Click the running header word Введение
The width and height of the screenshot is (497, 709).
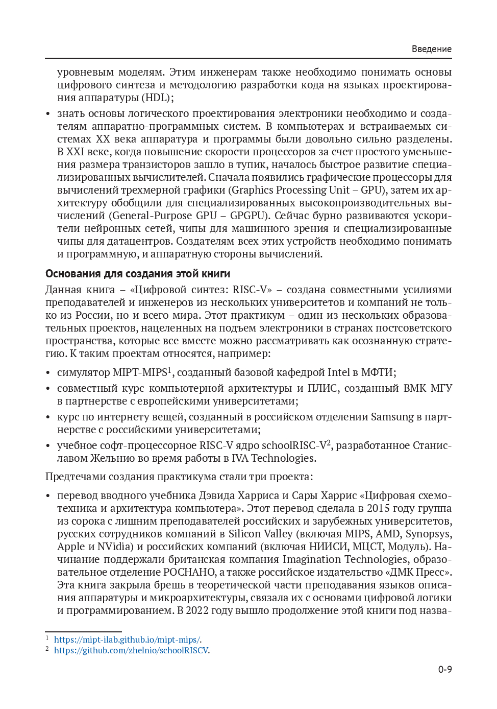(x=431, y=49)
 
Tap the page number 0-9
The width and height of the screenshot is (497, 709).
(x=444, y=669)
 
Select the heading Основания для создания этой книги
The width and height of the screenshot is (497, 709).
(x=138, y=274)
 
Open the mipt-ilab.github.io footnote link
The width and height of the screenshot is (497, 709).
(x=128, y=640)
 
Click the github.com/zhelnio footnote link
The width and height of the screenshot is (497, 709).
(x=132, y=650)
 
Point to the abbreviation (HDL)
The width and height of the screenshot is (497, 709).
(x=158, y=98)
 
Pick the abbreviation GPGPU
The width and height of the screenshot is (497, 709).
(x=248, y=216)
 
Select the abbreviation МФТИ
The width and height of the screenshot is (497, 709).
(x=378, y=372)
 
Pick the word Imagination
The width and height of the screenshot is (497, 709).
(x=316, y=559)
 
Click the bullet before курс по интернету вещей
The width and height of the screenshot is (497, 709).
(x=48, y=417)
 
